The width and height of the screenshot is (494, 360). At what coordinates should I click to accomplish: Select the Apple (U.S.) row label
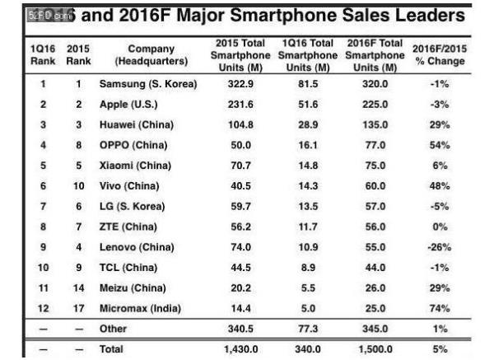click(x=128, y=106)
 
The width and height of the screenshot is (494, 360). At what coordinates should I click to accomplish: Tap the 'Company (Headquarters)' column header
click(x=151, y=54)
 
